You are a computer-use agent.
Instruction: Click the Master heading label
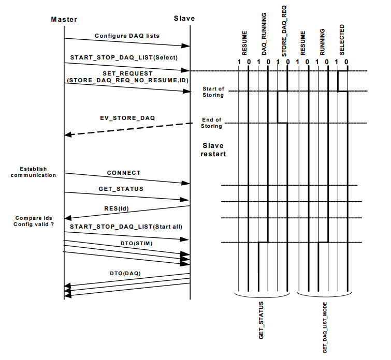pyautogui.click(x=64, y=20)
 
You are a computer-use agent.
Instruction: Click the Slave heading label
pyautogui.click(x=184, y=19)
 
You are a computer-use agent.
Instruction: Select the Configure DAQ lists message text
pyautogui.click(x=127, y=36)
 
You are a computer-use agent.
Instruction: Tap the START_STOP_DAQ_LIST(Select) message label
pyautogui.click(x=124, y=57)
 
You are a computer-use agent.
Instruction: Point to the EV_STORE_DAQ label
pyautogui.click(x=127, y=118)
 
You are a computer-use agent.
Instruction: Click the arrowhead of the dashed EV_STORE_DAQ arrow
pyautogui.click(x=68, y=134)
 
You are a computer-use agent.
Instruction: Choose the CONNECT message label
pyautogui.click(x=124, y=173)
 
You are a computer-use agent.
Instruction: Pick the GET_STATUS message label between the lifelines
pyautogui.click(x=121, y=189)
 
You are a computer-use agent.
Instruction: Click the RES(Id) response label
pyautogui.click(x=117, y=208)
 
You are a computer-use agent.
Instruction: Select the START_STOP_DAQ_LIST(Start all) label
pyautogui.click(x=126, y=227)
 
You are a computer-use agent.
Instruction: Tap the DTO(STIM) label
pyautogui.click(x=136, y=244)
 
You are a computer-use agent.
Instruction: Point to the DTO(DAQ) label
pyautogui.click(x=125, y=273)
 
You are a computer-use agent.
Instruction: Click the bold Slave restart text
pyautogui.click(x=213, y=149)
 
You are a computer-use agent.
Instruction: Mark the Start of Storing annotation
pyautogui.click(x=213, y=92)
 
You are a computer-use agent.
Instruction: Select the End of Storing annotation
pyautogui.click(x=211, y=123)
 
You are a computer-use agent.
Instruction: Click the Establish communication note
pyautogui.click(x=34, y=172)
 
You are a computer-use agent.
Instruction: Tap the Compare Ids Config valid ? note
pyautogui.click(x=34, y=221)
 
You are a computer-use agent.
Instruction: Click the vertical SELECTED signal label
pyautogui.click(x=342, y=40)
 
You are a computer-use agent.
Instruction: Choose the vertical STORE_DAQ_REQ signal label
pyautogui.click(x=284, y=31)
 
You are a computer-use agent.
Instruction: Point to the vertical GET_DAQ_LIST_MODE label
pyautogui.click(x=325, y=327)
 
